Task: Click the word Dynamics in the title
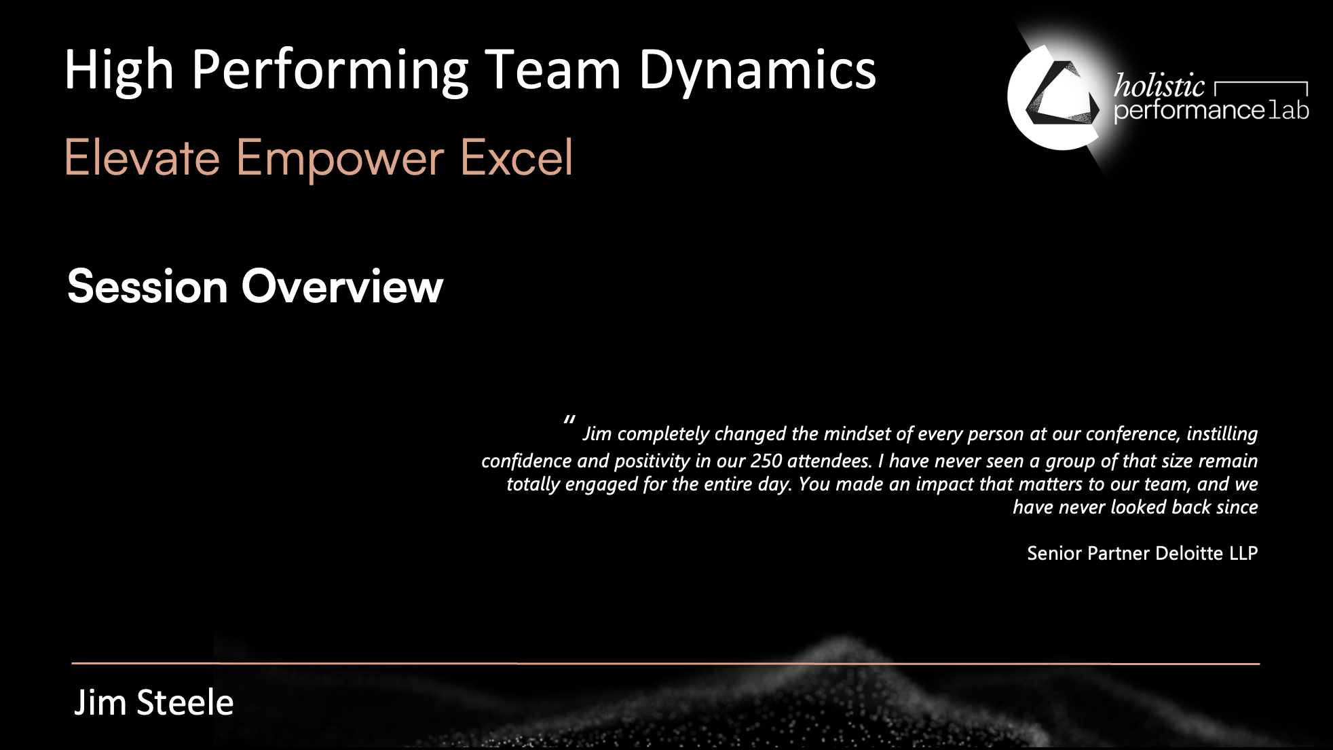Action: [x=757, y=71]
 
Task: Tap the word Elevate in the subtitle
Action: [x=143, y=157]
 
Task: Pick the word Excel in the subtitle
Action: [x=517, y=157]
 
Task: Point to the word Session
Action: [x=147, y=286]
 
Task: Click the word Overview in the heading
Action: [x=342, y=286]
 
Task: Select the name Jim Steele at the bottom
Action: [x=154, y=702]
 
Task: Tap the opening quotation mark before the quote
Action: [x=569, y=420]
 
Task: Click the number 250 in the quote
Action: [x=766, y=461]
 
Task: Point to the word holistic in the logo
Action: [x=1159, y=86]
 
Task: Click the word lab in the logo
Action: [x=1288, y=110]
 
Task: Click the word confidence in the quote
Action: [x=527, y=461]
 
